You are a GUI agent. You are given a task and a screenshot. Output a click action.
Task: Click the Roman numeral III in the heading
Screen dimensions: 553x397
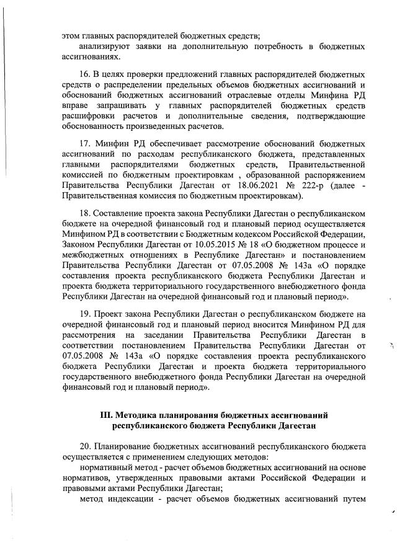click(107, 414)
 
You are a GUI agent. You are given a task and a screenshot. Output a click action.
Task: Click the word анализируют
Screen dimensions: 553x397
click(104, 45)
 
